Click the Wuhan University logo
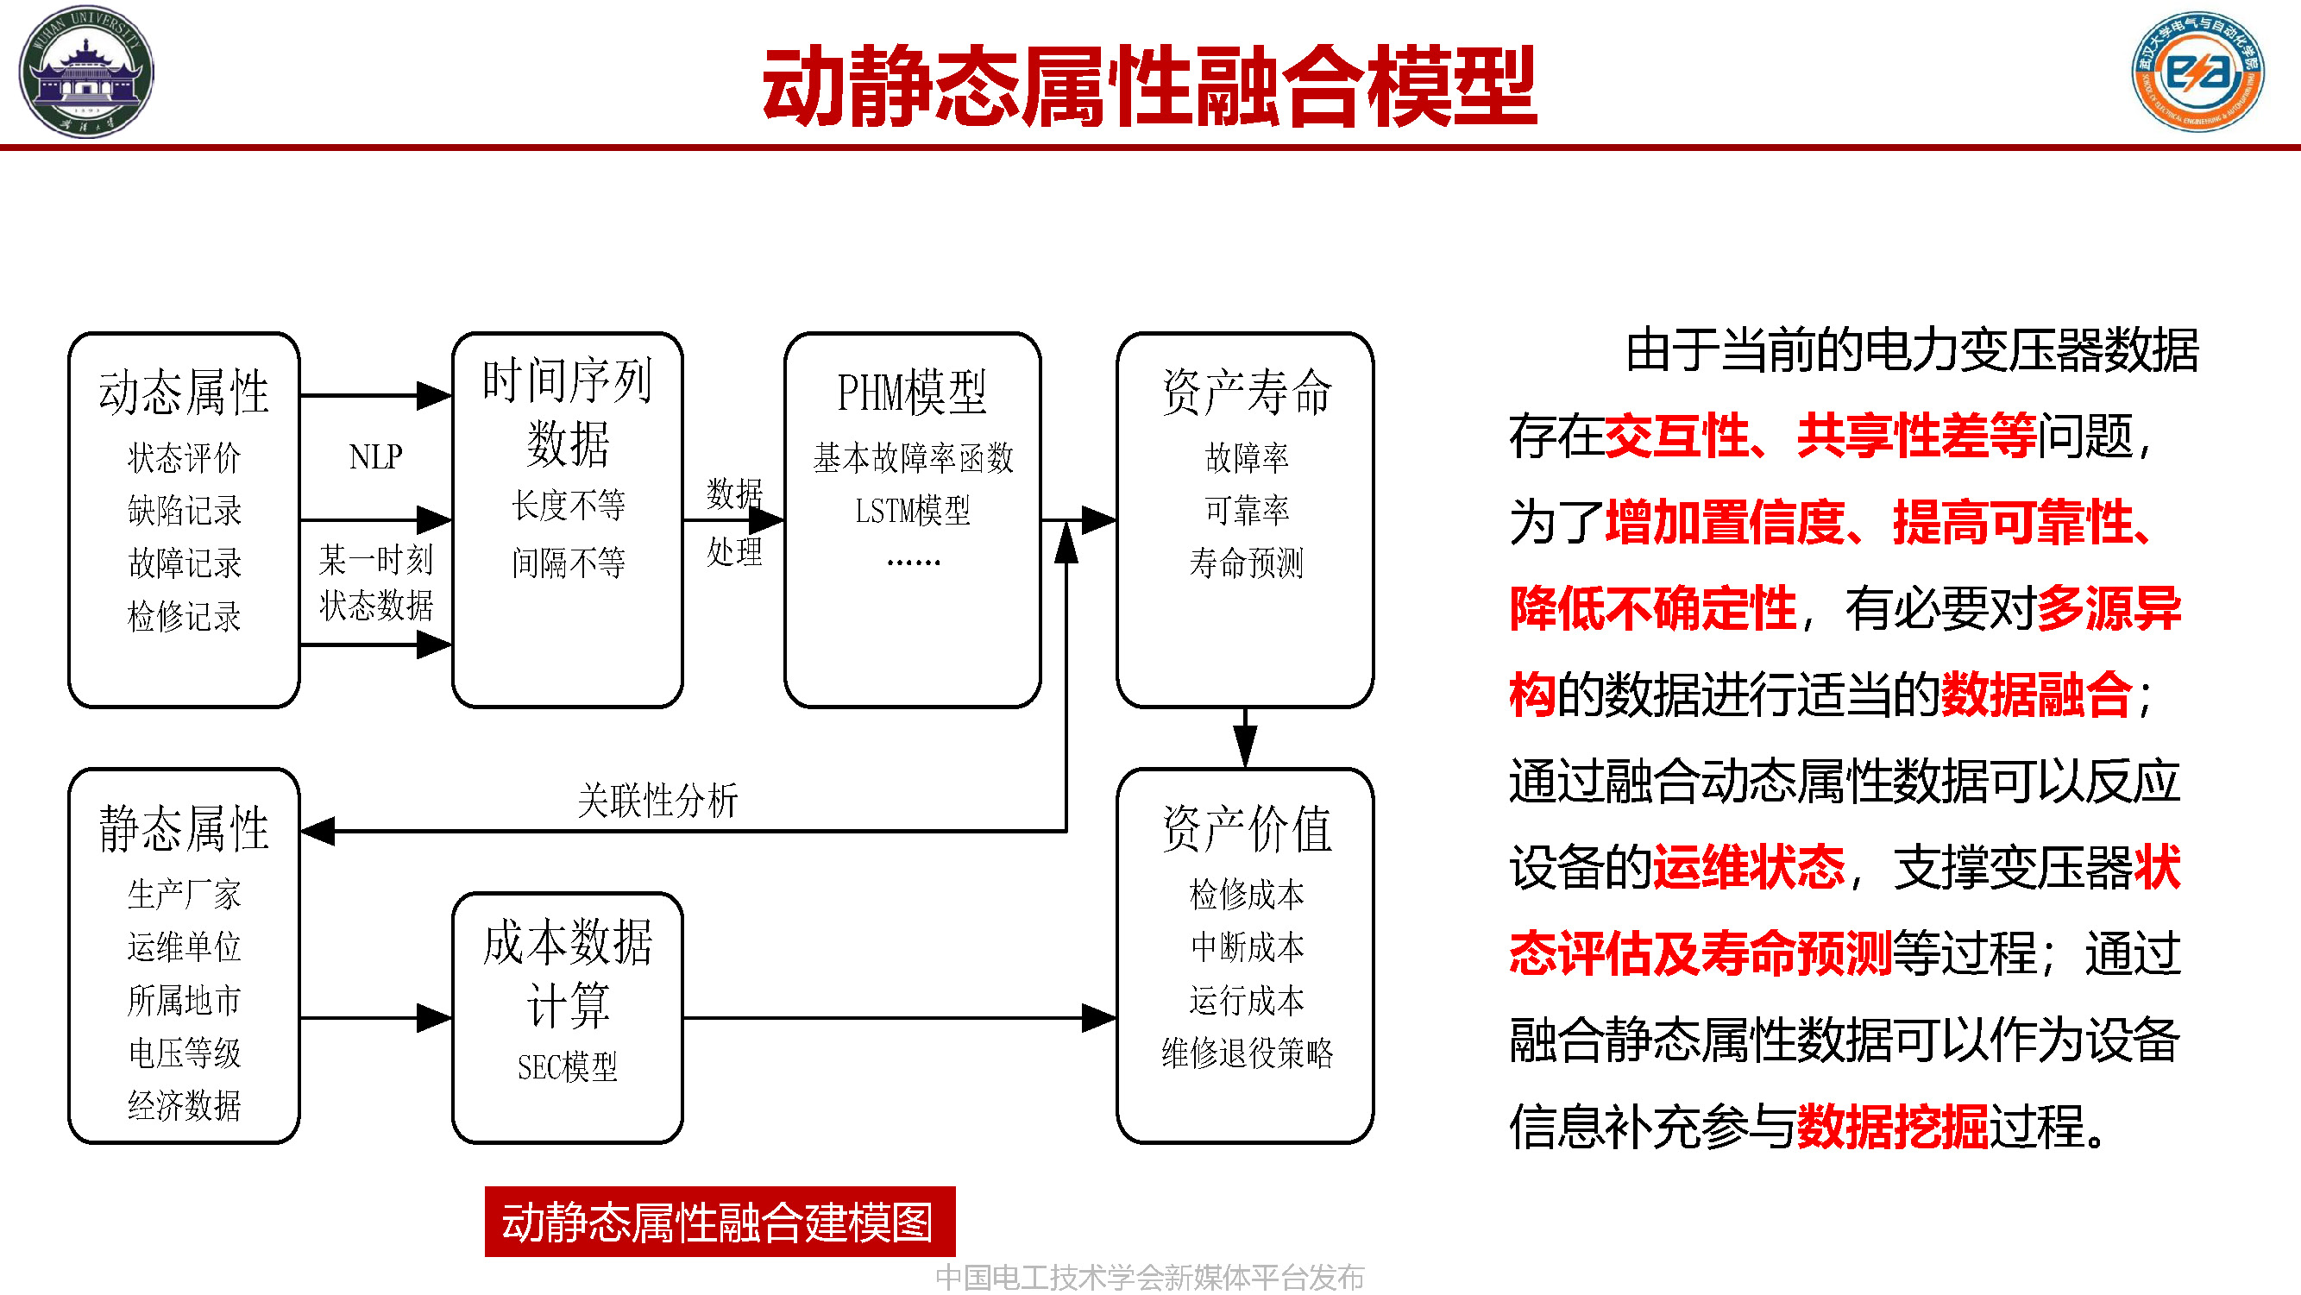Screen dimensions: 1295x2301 85,72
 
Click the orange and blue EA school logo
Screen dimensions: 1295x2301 2197,72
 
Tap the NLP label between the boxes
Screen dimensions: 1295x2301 375,456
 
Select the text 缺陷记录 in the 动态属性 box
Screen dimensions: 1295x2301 184,510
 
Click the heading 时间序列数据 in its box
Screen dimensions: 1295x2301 567,412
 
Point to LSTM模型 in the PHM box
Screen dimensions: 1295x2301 912,510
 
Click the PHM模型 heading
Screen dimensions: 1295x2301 912,392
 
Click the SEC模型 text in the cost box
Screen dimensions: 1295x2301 567,1066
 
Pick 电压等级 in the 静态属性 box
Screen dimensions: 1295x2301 184,1052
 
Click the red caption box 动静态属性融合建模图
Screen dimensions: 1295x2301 719,1221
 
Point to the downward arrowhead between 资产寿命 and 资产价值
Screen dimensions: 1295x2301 1245,745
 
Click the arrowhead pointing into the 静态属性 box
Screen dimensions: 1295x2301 318,832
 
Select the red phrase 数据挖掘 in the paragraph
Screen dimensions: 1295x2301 1892,1125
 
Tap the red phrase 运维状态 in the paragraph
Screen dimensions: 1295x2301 1748,866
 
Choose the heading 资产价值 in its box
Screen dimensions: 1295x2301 1246,828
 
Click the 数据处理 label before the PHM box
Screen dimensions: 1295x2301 734,523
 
